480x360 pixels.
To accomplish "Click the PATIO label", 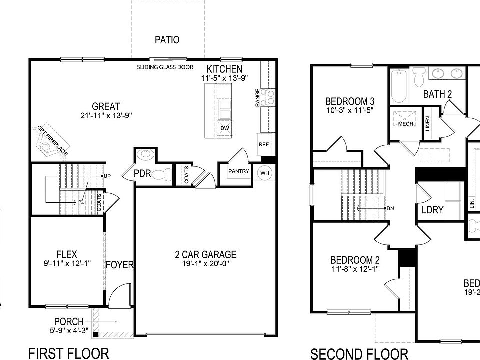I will [167, 40].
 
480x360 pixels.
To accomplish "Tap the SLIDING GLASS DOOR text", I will [165, 67].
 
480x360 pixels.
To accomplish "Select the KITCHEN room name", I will [225, 69].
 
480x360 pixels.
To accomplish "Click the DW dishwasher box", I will [225, 128].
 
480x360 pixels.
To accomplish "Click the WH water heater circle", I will [264, 173].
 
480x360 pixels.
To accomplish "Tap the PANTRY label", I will [238, 171].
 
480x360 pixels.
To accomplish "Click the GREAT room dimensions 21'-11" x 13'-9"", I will [106, 116].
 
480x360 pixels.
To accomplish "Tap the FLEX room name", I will [67, 255].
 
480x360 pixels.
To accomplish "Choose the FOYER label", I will [120, 264].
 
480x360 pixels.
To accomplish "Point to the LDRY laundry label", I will [432, 210].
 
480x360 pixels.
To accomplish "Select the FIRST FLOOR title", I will [69, 353].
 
